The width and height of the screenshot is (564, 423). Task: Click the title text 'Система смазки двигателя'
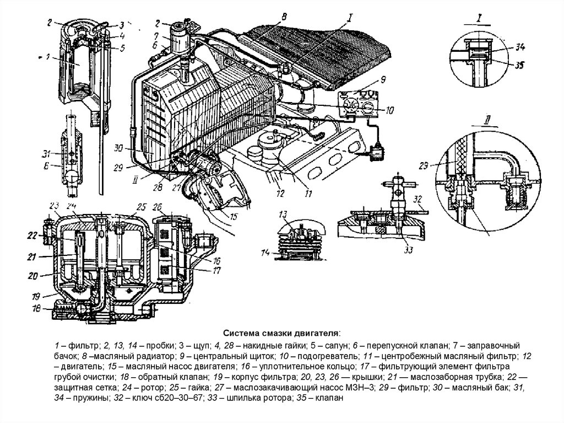[281, 333]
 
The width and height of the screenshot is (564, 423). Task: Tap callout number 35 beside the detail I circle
[519, 65]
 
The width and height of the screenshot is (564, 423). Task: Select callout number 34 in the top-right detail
[519, 47]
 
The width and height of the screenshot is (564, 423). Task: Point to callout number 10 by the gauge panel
[389, 110]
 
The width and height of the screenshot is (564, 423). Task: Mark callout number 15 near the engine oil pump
[234, 217]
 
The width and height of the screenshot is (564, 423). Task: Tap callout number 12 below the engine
[280, 193]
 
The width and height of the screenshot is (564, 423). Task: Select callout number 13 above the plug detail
[283, 214]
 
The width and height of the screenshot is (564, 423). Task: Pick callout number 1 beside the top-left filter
[48, 57]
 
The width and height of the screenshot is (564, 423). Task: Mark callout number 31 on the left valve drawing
[47, 154]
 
